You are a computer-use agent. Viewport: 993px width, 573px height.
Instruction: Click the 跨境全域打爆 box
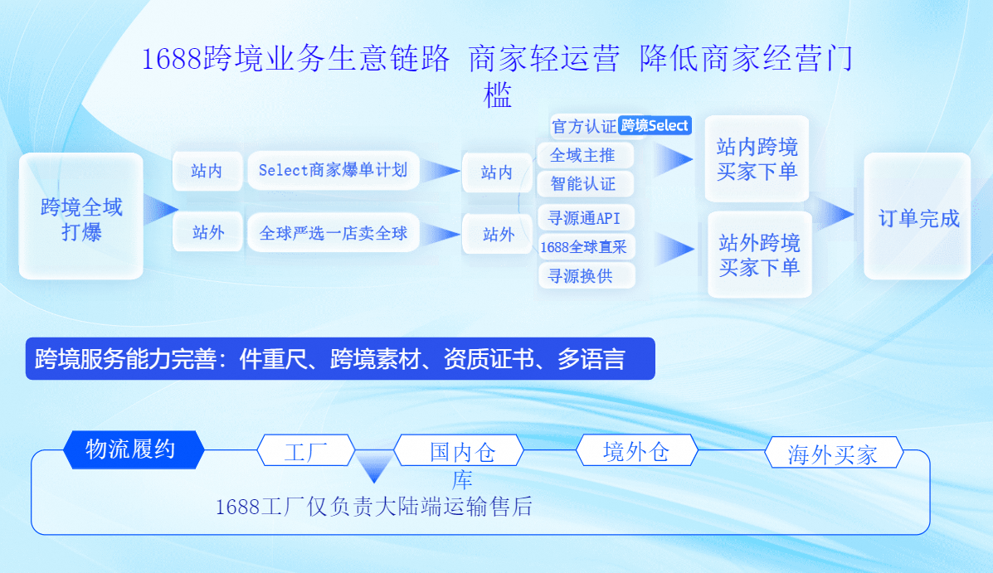point(81,217)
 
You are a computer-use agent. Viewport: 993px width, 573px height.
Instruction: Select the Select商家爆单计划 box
point(333,171)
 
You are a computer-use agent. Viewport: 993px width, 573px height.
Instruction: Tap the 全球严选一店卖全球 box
point(333,234)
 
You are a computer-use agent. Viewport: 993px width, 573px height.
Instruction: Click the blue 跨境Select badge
point(655,125)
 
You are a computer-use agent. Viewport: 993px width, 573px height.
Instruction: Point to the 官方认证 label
point(584,126)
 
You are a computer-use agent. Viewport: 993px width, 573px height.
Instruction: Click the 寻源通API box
point(586,218)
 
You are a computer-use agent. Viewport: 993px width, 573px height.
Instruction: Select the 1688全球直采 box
point(586,246)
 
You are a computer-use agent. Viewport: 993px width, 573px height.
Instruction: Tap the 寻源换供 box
point(586,275)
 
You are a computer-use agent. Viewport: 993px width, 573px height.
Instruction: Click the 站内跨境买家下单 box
point(757,159)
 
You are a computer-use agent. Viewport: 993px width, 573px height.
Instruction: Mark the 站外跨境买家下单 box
point(759,255)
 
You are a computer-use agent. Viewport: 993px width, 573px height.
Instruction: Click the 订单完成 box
point(918,218)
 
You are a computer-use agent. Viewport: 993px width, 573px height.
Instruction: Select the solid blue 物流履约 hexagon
point(133,449)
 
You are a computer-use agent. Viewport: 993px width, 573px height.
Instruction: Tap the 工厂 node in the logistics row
point(306,452)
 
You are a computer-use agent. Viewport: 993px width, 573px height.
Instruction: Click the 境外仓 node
point(636,451)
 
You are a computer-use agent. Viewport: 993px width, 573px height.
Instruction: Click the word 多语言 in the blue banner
point(591,359)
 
